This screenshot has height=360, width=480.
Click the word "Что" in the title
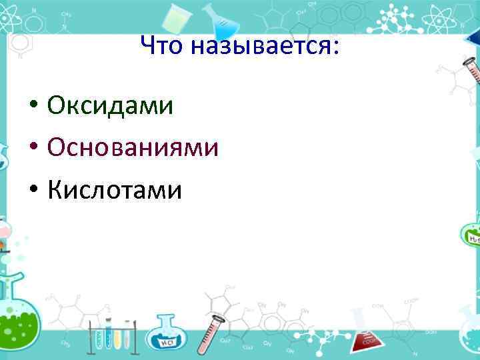pyautogui.click(x=162, y=46)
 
